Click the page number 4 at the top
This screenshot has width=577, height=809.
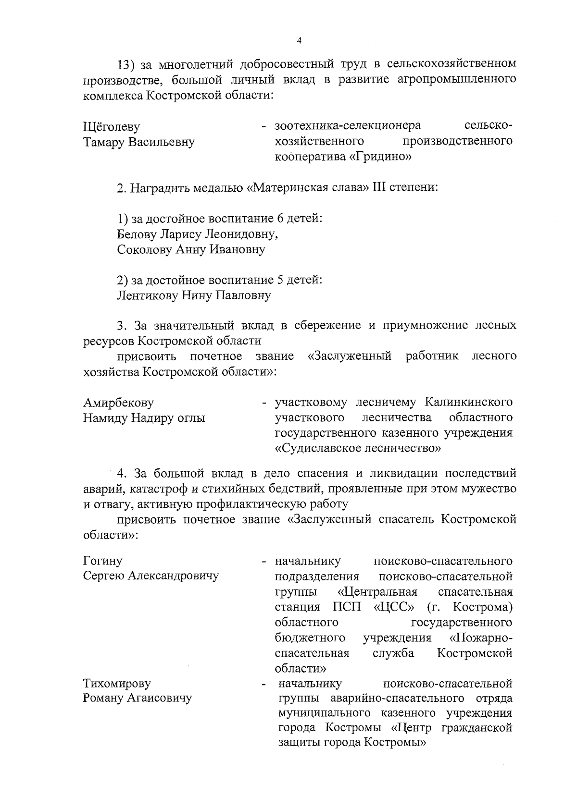(x=299, y=41)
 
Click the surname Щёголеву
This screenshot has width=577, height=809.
(x=112, y=127)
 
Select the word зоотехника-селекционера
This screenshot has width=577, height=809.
(x=347, y=126)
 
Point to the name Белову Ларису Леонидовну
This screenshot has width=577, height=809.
(x=197, y=234)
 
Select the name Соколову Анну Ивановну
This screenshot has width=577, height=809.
(x=191, y=249)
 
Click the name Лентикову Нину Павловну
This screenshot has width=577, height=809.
(x=194, y=295)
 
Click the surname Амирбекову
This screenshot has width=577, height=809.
(x=119, y=403)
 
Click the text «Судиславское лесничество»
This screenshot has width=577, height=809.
(x=358, y=449)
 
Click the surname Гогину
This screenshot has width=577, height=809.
(x=103, y=561)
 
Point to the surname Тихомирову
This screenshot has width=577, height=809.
(x=117, y=683)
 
